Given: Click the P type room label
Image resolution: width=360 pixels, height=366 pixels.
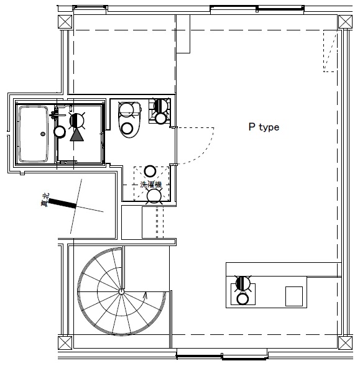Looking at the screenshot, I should click(264, 127).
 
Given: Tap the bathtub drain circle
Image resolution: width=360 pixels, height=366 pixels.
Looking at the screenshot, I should click(43, 133).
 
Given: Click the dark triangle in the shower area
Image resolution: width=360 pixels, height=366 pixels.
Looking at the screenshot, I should click(76, 134).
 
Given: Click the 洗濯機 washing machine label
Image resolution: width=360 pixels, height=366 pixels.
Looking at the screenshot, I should click(150, 185).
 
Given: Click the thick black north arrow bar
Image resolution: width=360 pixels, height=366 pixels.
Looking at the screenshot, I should click(62, 203).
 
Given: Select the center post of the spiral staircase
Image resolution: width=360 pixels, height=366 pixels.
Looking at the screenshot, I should click(121, 291).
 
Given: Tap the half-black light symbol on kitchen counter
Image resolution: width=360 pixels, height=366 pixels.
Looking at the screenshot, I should click(243, 284).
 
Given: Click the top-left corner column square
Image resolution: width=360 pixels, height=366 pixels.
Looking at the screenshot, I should click(64, 22).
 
